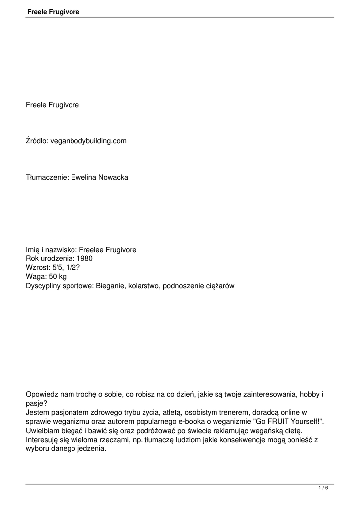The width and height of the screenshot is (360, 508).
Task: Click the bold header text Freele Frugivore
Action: (54, 12)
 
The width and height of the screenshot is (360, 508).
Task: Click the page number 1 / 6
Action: (323, 488)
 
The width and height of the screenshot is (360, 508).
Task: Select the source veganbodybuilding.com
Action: (88, 141)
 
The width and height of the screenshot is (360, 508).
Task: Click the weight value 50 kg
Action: (56, 277)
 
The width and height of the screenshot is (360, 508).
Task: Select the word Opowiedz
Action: (42, 394)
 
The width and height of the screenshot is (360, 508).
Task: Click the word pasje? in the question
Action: (36, 403)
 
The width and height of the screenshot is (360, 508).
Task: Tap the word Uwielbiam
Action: (42, 430)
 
